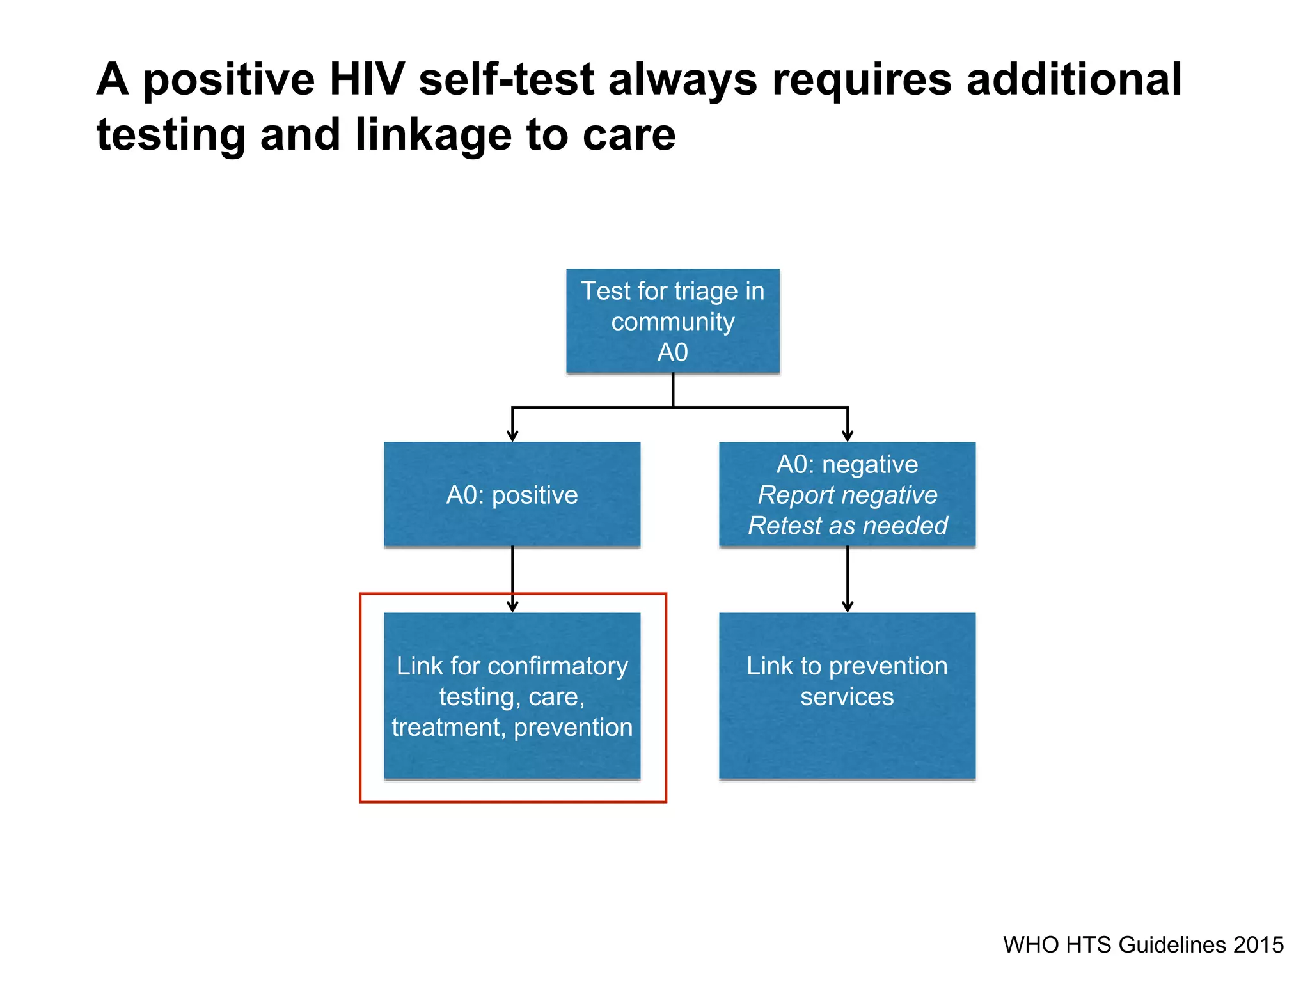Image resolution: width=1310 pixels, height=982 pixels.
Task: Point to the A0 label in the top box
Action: (x=672, y=352)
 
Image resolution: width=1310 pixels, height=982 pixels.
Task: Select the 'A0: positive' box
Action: (x=512, y=494)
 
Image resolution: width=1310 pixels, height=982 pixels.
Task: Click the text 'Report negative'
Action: (x=847, y=495)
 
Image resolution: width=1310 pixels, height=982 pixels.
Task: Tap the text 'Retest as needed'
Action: (x=847, y=526)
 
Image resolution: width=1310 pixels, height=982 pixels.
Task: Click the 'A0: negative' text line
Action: (x=847, y=464)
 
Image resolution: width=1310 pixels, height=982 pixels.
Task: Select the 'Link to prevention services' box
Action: (x=847, y=695)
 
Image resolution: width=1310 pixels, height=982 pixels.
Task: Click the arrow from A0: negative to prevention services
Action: (x=848, y=579)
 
